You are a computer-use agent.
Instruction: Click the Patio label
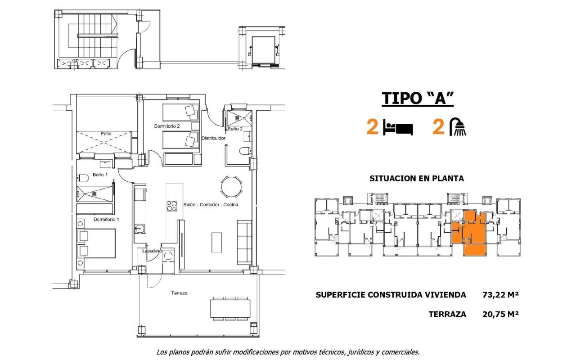106,133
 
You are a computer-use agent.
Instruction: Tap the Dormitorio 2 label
166,126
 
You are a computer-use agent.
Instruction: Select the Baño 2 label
235,129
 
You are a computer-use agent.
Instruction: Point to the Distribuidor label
213,138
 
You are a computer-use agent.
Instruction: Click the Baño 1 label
100,174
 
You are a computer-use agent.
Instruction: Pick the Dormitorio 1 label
106,220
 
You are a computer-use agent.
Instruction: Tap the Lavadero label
152,251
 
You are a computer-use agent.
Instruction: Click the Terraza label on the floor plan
179,293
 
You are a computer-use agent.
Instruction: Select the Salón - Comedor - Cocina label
211,204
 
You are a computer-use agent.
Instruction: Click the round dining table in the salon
230,186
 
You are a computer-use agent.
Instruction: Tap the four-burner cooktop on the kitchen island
172,206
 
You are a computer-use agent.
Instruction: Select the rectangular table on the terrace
230,309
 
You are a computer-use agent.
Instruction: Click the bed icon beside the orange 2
398,127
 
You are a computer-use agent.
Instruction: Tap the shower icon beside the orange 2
459,127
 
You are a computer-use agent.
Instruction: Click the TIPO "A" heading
417,98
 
